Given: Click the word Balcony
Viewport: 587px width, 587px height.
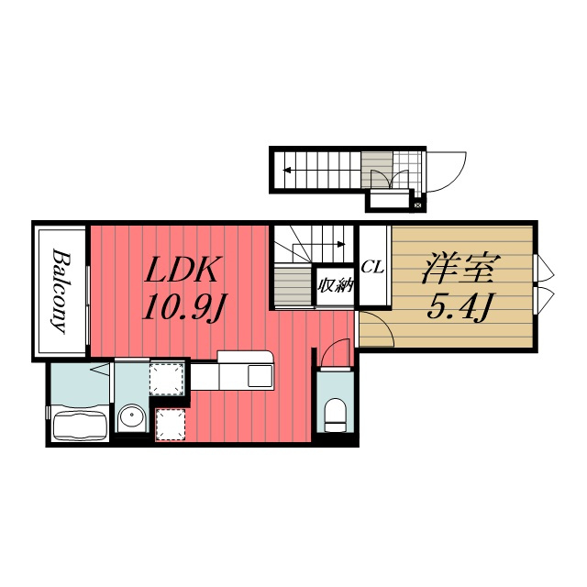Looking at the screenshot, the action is coord(61,291).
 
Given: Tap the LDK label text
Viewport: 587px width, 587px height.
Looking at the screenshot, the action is coord(182,270).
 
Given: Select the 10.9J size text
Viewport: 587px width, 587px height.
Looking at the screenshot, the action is coord(183,306).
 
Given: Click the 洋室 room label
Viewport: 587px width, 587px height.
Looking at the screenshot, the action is coord(461,269).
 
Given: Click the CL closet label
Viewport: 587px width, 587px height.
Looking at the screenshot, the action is coord(372,267).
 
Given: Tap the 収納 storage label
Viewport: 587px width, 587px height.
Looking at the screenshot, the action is coord(336,285).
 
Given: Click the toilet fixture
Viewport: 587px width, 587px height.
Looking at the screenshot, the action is coord(335,415).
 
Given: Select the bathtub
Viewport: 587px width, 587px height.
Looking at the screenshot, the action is coord(79,425).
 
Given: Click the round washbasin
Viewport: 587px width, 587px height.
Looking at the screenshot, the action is coord(131,417).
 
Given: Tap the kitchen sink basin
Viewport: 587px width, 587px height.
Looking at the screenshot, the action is coord(260,376).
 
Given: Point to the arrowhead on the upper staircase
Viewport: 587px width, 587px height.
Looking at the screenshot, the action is coord(287,171).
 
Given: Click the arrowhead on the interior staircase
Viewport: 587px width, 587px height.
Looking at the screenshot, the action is coord(340,245).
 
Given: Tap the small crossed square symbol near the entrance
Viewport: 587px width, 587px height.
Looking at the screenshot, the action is coord(418,205).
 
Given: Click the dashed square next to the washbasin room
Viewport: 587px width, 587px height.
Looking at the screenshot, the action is coord(166,379).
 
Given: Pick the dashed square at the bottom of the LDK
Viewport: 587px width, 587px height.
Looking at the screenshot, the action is coord(171,425).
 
